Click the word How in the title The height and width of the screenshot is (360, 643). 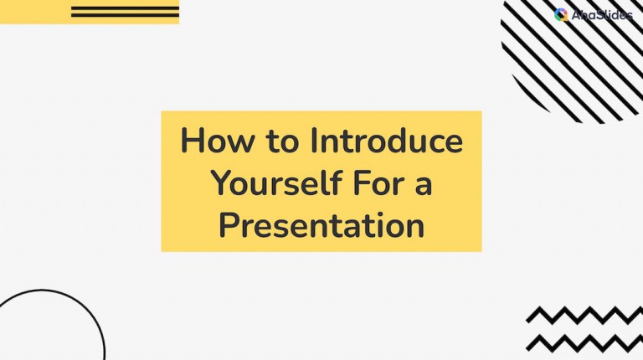click(213, 141)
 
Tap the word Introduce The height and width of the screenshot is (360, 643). click(386, 141)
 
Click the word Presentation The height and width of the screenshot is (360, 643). click(321, 224)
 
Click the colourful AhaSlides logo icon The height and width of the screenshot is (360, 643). click(561, 14)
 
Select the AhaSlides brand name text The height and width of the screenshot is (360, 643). click(602, 15)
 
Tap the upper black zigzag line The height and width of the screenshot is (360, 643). click(584, 315)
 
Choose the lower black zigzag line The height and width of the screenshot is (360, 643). click(584, 342)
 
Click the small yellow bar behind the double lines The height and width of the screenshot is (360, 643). click(33, 12)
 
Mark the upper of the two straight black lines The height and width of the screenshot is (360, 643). click(125, 8)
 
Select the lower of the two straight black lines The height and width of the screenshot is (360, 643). click(125, 15)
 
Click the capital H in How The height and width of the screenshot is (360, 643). click(192, 141)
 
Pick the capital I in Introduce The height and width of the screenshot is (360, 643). click(315, 141)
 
